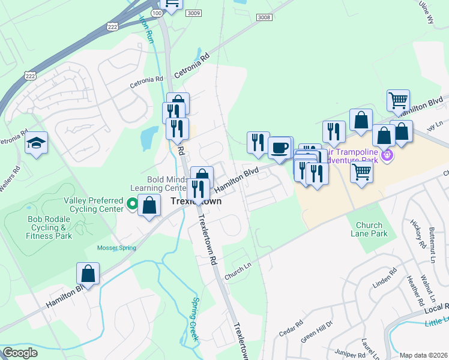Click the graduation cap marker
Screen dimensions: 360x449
(x=37, y=143)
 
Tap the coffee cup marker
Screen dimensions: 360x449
(x=279, y=148)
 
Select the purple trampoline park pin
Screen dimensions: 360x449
(x=387, y=156)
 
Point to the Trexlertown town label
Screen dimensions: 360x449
(x=196, y=202)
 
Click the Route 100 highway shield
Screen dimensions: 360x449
(x=156, y=13)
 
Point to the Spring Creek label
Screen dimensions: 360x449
(x=194, y=320)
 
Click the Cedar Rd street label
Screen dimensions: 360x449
(x=291, y=331)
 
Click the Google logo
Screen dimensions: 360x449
(x=20, y=353)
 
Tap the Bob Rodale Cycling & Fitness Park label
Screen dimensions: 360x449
(x=50, y=227)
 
